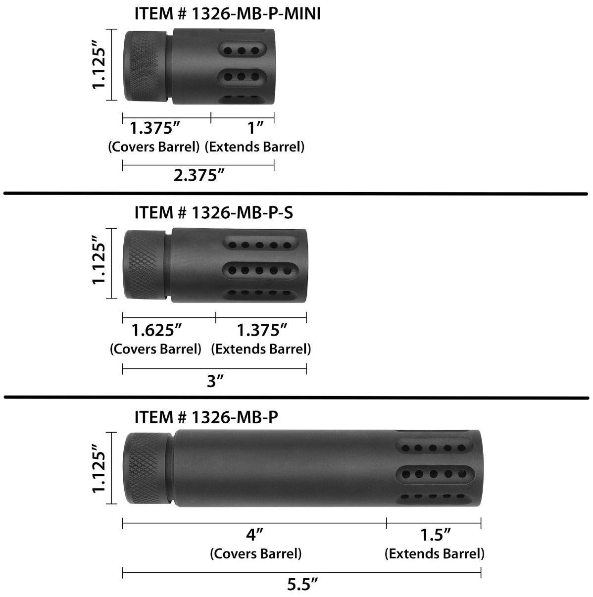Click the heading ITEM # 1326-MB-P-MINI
point(227,14)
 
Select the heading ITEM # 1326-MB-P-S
point(213,212)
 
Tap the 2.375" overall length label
point(196,175)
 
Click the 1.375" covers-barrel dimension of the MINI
point(154,128)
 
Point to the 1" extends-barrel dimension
point(255,128)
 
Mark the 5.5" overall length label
point(302,585)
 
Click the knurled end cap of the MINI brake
point(144,66)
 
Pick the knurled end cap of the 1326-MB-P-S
point(144,264)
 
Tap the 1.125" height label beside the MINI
point(99,66)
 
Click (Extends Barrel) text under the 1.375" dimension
point(261,348)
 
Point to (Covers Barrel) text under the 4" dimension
point(255,553)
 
